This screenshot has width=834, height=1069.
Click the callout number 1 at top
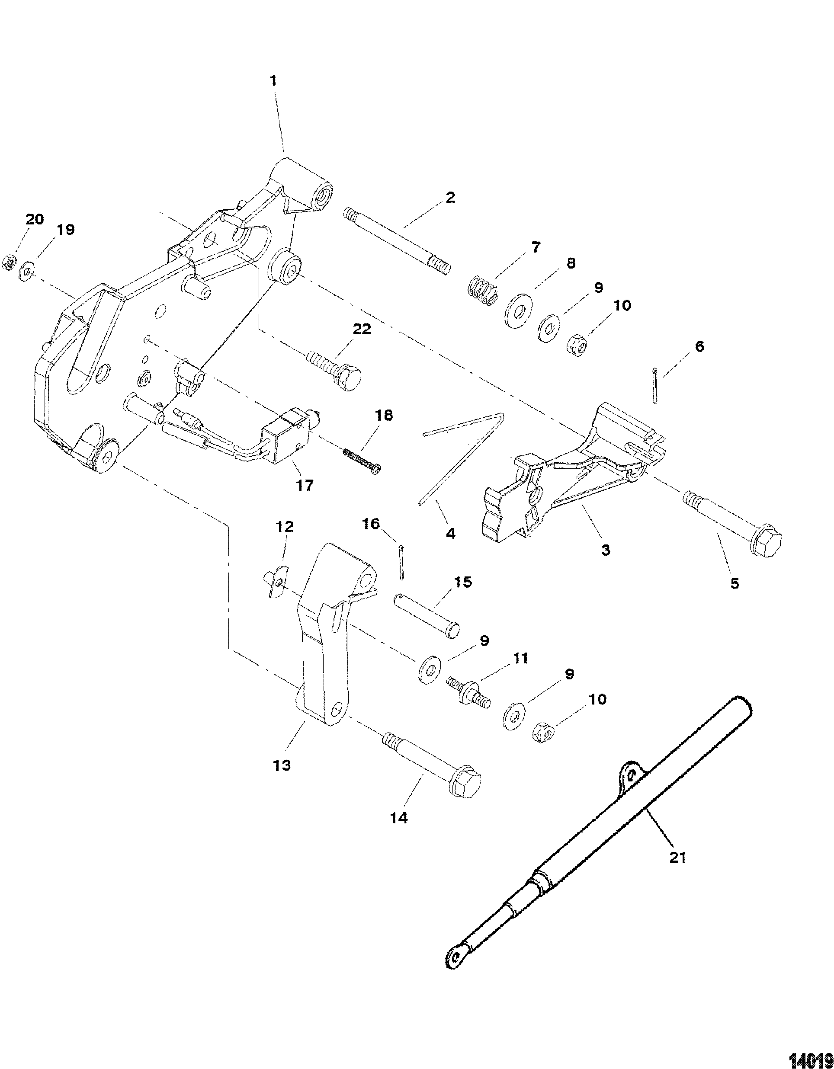(274, 81)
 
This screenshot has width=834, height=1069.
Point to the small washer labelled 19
(26, 270)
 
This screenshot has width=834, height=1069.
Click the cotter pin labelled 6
(655, 386)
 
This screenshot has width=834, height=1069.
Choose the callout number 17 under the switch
(305, 486)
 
